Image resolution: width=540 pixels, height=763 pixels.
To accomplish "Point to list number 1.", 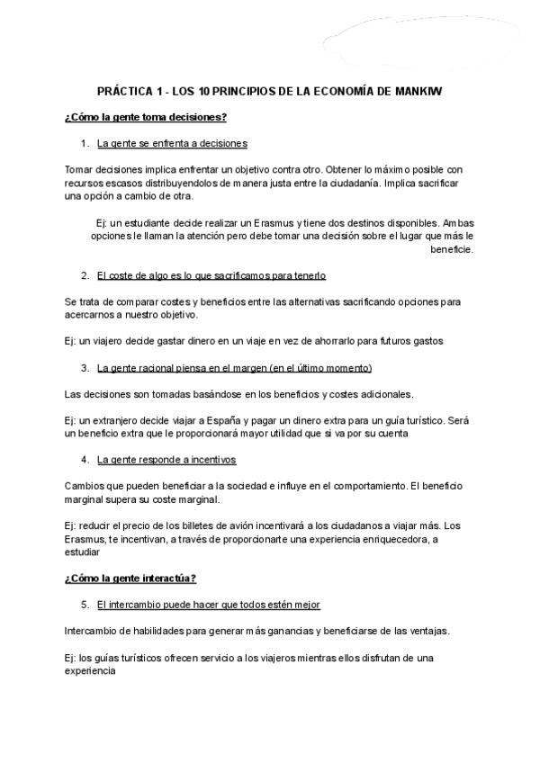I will pos(85,143).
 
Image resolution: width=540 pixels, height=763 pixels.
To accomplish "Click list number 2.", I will pos(85,275).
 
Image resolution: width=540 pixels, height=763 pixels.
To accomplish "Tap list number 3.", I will pos(85,368).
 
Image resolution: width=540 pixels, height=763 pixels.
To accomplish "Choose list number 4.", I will pos(85,460).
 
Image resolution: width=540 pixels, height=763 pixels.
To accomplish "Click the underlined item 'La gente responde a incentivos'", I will pos(166,460).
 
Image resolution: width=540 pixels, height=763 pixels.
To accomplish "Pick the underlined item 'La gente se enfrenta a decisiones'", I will pos(172,143).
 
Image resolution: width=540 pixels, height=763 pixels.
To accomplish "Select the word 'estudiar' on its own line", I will pos(82,552).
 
